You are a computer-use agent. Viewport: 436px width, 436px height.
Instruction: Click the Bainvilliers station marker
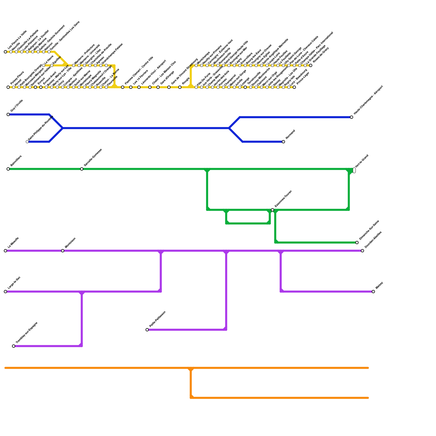point(8,169)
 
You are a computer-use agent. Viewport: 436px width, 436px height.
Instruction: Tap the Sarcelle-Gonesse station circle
point(82,169)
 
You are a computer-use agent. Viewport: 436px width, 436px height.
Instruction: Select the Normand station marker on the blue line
point(283,142)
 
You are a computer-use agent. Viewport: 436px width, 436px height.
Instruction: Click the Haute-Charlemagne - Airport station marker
point(352,117)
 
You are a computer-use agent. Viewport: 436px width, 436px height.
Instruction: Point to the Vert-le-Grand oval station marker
point(354,170)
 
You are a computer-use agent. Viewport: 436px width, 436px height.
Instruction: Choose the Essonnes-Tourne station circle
point(272,210)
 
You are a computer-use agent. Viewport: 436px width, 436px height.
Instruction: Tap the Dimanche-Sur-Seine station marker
point(357,243)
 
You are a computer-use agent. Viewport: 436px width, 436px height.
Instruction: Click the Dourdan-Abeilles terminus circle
point(362,251)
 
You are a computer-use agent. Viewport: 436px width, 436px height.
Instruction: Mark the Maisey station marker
point(373,292)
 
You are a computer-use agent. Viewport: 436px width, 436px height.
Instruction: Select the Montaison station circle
point(63,251)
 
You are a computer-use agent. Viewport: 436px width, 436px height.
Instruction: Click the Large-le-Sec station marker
point(5,292)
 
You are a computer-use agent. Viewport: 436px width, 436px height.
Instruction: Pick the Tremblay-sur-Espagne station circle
point(14,346)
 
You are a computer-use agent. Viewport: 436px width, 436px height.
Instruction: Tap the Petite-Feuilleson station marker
point(147,330)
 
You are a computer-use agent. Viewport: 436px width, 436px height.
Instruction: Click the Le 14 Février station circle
point(131,87)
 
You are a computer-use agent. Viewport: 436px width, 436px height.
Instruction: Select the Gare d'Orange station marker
point(158,87)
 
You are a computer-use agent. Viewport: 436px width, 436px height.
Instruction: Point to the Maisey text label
point(379,285)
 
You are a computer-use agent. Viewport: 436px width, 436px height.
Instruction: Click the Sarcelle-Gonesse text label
point(93,157)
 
